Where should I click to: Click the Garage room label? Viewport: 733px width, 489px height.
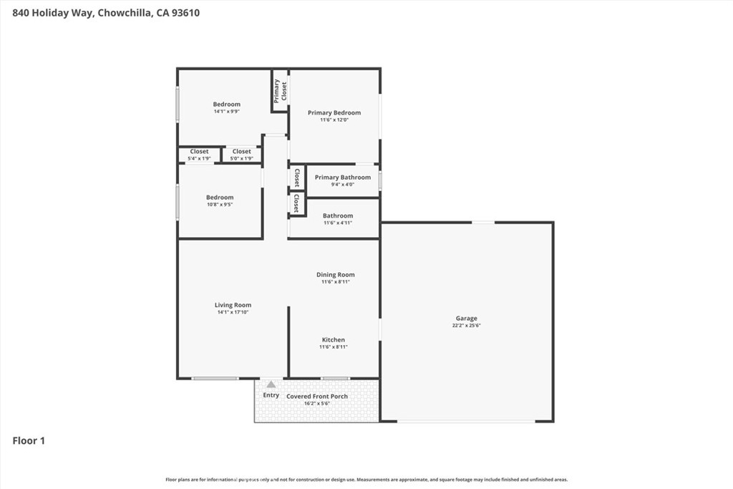tap(467, 319)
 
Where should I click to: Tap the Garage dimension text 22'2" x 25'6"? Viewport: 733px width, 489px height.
tap(467, 326)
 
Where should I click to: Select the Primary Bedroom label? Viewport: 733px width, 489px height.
tap(334, 112)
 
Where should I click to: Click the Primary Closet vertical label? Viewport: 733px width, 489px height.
tap(280, 90)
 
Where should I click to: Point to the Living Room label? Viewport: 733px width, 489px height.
tap(233, 305)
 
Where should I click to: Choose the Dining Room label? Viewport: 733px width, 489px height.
tap(336, 275)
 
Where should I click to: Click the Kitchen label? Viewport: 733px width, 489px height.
tap(333, 340)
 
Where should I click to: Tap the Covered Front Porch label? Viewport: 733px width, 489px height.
tap(317, 396)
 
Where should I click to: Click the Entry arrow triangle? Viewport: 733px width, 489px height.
tap(271, 384)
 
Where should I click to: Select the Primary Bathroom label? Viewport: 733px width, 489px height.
tap(343, 178)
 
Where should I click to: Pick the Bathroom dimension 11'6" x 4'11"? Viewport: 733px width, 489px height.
tap(338, 223)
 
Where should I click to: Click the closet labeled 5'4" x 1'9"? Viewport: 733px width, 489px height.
tap(199, 158)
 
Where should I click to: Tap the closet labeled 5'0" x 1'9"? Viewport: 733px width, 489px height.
tap(242, 158)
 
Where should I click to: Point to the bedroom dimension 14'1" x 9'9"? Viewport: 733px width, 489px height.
tap(227, 112)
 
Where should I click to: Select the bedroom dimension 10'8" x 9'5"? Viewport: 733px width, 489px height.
tap(220, 205)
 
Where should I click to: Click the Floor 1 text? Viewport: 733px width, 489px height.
tap(29, 441)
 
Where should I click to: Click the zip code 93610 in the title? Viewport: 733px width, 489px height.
tap(183, 12)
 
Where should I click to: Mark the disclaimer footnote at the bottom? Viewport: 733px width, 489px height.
tap(366, 480)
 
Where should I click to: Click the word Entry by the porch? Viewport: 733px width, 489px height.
tap(271, 395)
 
